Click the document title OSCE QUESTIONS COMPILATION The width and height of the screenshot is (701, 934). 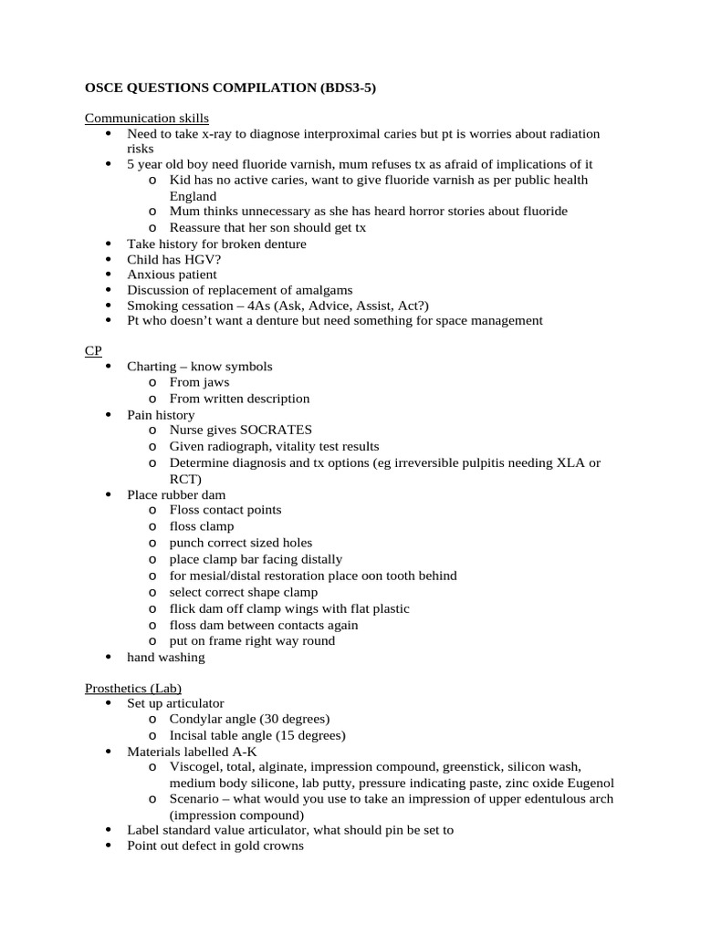pos(230,88)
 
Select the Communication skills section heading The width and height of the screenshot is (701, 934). pos(147,119)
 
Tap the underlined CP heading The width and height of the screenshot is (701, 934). pos(94,350)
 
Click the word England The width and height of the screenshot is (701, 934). pos(193,196)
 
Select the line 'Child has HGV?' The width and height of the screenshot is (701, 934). pos(174,259)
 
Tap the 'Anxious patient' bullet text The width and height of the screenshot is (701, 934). pos(172,275)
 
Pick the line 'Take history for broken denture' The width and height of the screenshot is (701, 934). pos(216,244)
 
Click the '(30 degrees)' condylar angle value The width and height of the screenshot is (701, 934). pos(295,719)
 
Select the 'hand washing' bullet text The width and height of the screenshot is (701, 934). pos(166,657)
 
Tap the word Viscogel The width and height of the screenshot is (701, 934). pos(196,767)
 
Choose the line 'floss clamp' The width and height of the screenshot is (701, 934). pos(202,526)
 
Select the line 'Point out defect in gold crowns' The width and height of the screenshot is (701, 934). pos(214,846)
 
